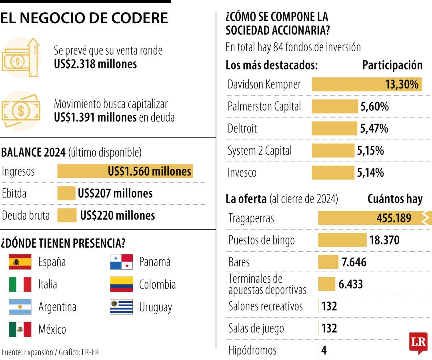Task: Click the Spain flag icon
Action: tap(20, 262)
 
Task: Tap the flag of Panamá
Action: tap(121, 262)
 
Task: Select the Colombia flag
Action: tap(121, 284)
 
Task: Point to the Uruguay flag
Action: tap(121, 307)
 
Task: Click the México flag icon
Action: tap(20, 330)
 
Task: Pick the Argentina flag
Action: tap(20, 307)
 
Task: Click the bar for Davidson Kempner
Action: tap(366, 84)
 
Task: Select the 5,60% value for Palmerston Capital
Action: tap(374, 106)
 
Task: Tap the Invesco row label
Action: tap(242, 173)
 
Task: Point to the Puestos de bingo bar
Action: tap(342, 240)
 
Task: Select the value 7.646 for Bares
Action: tap(354, 262)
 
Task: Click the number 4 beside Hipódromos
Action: tap(324, 351)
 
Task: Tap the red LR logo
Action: tap(418, 342)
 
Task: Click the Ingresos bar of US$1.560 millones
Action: tap(125, 171)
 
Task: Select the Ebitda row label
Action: tap(14, 194)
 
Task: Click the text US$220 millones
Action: tap(118, 216)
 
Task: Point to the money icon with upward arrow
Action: tap(21, 57)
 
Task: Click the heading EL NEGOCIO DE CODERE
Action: tap(84, 18)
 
